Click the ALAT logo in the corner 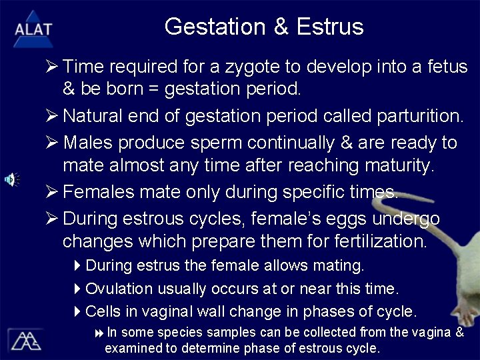[33, 29]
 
